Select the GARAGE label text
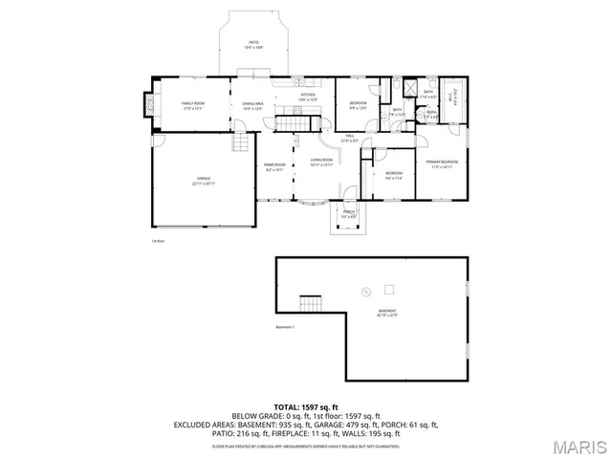[x=204, y=180]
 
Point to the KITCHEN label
[x=308, y=97]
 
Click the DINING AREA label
[x=253, y=105]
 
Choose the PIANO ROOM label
[x=275, y=167]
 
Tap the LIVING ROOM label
[x=321, y=162]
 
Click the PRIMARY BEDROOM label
[x=442, y=164]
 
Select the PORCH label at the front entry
[x=349, y=214]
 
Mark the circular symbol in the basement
[x=364, y=292]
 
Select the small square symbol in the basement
[x=389, y=289]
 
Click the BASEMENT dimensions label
[x=387, y=314]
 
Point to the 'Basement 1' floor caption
[x=286, y=328]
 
